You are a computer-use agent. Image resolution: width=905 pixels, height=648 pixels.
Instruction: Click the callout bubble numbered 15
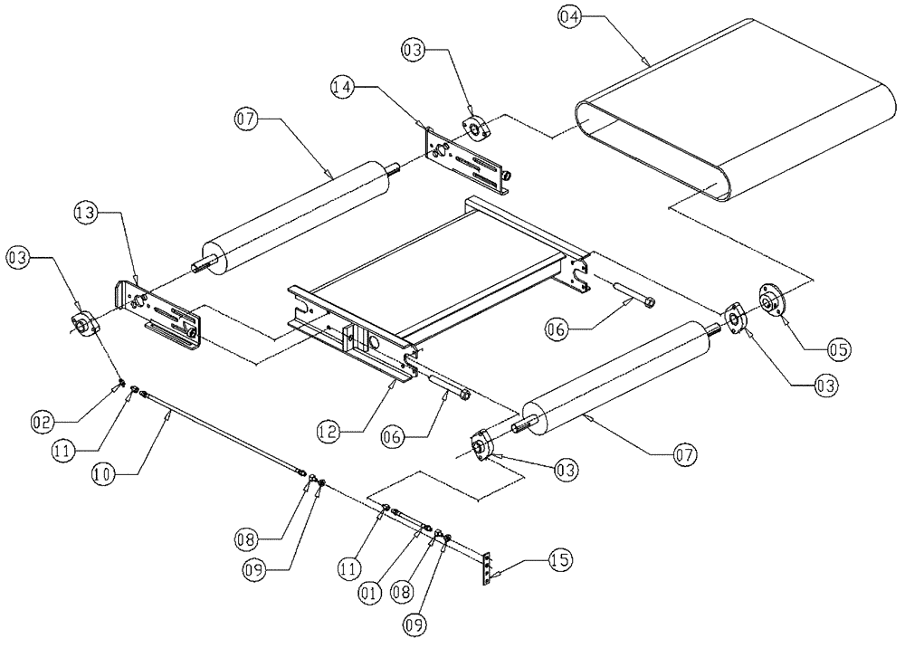(562, 561)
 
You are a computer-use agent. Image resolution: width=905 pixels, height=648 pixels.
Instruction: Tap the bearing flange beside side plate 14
(476, 128)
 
